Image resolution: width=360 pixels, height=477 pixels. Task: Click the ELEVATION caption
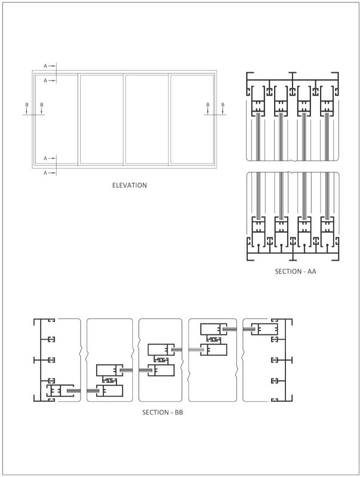tap(129, 185)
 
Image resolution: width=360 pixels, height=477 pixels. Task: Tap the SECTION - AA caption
tap(295, 272)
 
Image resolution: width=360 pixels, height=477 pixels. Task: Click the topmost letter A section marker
tap(45, 66)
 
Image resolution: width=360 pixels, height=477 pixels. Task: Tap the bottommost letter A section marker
tap(45, 173)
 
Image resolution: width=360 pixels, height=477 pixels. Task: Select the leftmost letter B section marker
tap(26, 105)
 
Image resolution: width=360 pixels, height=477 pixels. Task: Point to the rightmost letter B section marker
tap(223, 105)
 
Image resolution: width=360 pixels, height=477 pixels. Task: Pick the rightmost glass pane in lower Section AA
tap(327, 194)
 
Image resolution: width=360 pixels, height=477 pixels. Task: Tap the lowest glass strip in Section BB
tap(74, 390)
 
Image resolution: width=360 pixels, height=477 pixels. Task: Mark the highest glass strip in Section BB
tap(229, 328)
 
